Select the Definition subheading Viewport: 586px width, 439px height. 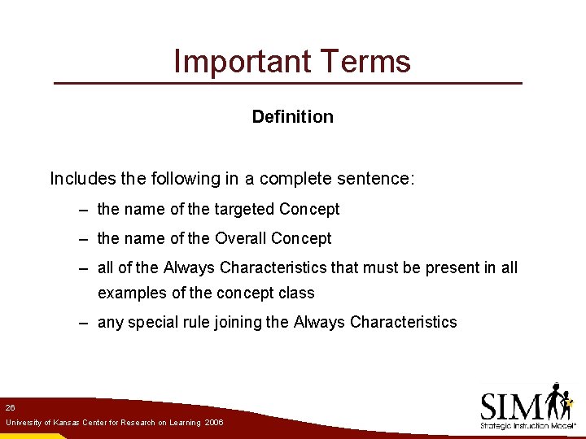[292, 116]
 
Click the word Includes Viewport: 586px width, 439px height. [79, 178]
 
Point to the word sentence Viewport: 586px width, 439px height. [382, 178]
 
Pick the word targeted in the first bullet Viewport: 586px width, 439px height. [243, 209]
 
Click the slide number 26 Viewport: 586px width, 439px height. [10, 406]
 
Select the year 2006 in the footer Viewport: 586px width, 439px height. [214, 423]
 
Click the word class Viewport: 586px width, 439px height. [296, 293]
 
